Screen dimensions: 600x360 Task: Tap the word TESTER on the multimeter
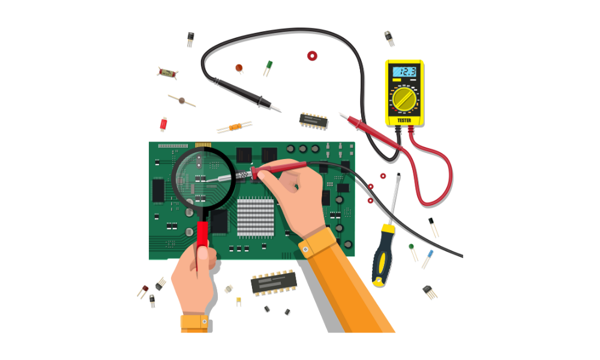click(x=404, y=121)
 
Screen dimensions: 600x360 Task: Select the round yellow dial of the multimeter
click(x=404, y=99)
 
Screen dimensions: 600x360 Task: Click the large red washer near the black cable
click(x=312, y=56)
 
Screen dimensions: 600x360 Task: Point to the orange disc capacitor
click(x=239, y=68)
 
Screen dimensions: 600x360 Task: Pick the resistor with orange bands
click(x=235, y=127)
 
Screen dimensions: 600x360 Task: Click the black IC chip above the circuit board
click(x=313, y=121)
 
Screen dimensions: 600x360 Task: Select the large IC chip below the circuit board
click(x=274, y=283)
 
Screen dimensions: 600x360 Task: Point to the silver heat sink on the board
click(x=255, y=218)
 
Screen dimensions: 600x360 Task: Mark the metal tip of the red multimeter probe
click(x=343, y=116)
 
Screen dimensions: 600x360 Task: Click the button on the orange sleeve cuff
click(x=305, y=250)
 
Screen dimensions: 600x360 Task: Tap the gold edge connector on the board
click(x=203, y=145)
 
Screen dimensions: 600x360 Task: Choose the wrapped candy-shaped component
click(x=167, y=73)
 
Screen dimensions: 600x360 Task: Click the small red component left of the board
click(x=163, y=124)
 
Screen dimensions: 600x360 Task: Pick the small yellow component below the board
click(x=239, y=301)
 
